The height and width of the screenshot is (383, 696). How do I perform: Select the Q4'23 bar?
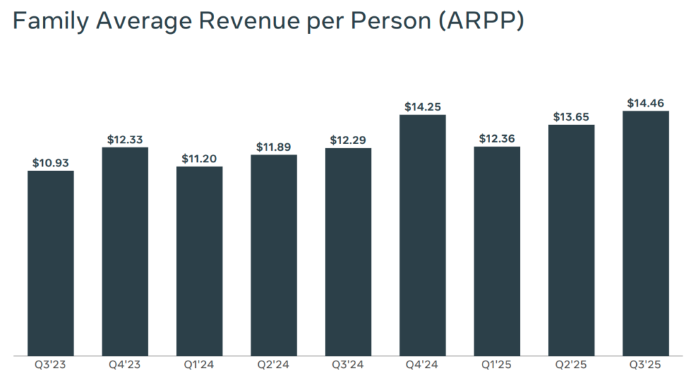(x=125, y=251)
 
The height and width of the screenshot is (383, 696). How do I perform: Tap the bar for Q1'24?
(x=199, y=261)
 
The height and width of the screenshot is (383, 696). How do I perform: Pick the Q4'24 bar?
(x=423, y=235)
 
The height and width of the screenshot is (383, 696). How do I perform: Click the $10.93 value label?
(x=51, y=163)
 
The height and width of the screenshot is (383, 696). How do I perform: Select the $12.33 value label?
(x=125, y=139)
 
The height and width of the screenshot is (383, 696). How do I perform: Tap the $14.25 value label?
(x=423, y=107)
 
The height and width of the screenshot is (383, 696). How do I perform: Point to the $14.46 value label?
(x=646, y=103)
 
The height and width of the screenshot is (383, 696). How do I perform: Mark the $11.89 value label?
(x=274, y=147)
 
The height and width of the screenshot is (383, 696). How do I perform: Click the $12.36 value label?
(x=497, y=139)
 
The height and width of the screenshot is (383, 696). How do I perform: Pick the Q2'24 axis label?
(x=274, y=366)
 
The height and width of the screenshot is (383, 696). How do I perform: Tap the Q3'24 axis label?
(x=348, y=366)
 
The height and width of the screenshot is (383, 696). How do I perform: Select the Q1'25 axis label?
(x=497, y=366)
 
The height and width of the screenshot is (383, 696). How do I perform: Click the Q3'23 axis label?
(x=51, y=366)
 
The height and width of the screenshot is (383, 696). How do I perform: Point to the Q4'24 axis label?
(x=423, y=366)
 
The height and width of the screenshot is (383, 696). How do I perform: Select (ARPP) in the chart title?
(x=479, y=21)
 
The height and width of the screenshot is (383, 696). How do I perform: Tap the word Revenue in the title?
(x=239, y=21)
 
